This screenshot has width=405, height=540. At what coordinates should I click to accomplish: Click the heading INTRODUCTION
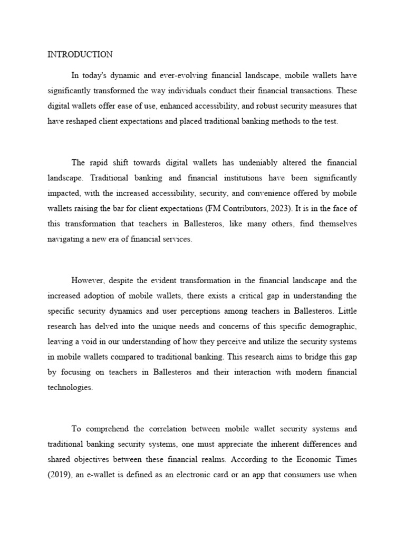tap(80, 54)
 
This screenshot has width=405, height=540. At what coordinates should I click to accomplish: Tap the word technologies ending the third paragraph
tap(70, 388)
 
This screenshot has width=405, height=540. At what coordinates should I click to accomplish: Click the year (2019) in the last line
tap(59, 475)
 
